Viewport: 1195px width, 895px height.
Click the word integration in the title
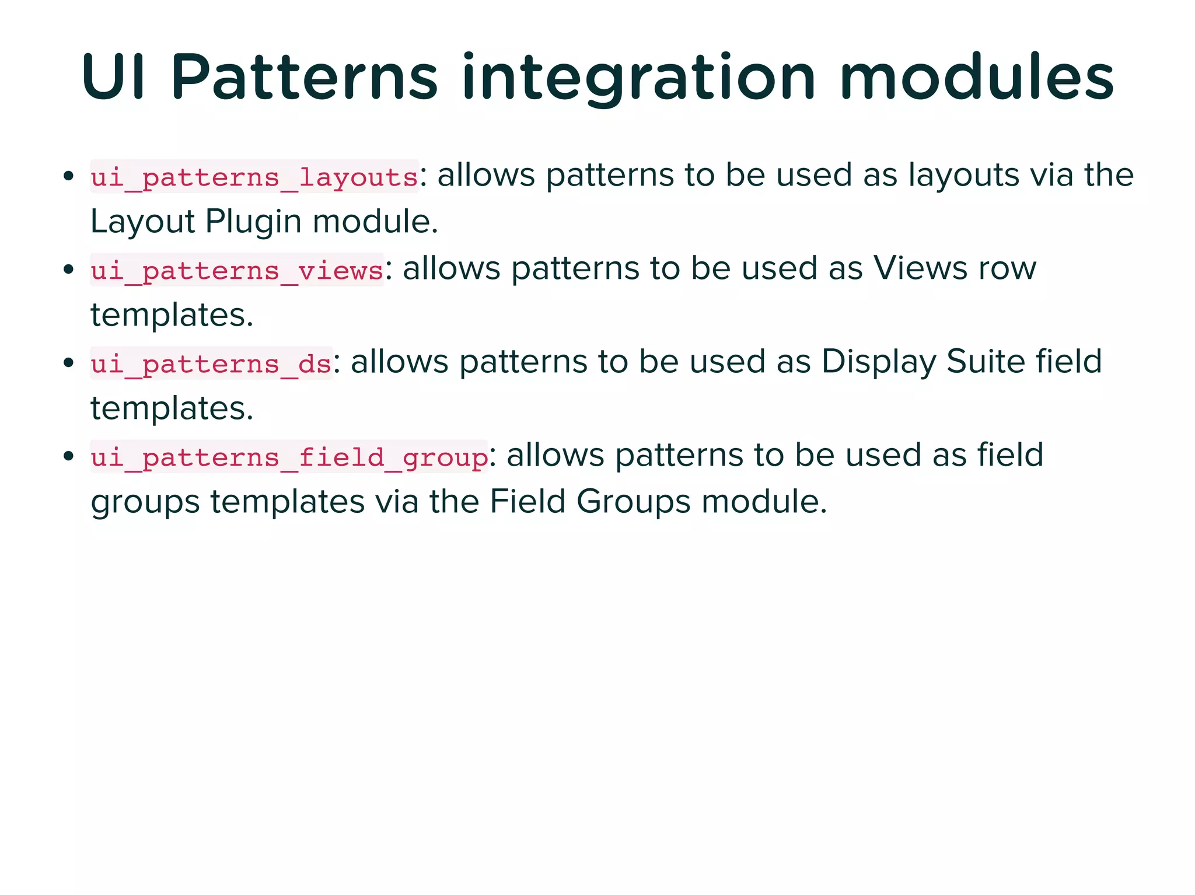638,78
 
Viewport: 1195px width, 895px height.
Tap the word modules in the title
977,78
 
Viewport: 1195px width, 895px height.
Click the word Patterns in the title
304,78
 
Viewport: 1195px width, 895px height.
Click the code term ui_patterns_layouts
254,177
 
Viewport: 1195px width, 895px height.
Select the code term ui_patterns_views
237,270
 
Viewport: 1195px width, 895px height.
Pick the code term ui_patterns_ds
211,363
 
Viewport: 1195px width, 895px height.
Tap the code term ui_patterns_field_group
289,457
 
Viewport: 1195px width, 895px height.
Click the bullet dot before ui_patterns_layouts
68,176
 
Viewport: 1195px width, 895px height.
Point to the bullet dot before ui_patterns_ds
68,362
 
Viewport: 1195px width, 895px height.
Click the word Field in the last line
527,502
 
